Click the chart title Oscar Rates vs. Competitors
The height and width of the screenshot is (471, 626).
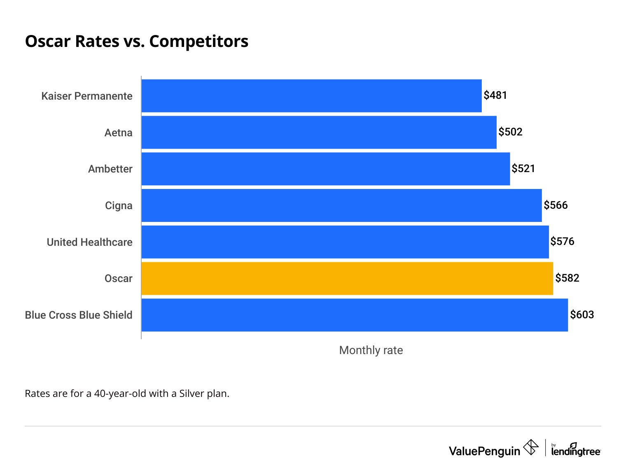136,42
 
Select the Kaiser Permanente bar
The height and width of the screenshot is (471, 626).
311,96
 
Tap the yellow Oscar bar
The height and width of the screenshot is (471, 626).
347,278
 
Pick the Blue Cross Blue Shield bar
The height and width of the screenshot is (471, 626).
354,315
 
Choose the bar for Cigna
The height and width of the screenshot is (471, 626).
341,205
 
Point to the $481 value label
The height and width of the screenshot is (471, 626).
495,96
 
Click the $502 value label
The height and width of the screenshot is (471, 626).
510,132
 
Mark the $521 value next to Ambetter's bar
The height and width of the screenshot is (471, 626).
523,169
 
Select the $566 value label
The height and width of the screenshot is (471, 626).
556,205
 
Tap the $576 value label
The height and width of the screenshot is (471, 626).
562,242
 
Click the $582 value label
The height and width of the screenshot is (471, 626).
567,278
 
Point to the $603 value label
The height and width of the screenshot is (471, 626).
582,315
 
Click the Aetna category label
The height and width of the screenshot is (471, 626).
118,133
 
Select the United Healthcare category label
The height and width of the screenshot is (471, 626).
89,242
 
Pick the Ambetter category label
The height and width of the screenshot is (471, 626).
110,169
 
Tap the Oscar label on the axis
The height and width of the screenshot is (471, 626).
118,279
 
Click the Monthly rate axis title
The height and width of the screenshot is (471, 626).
371,350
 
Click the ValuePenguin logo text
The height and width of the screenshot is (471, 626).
484,451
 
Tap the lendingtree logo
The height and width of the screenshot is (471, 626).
575,450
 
